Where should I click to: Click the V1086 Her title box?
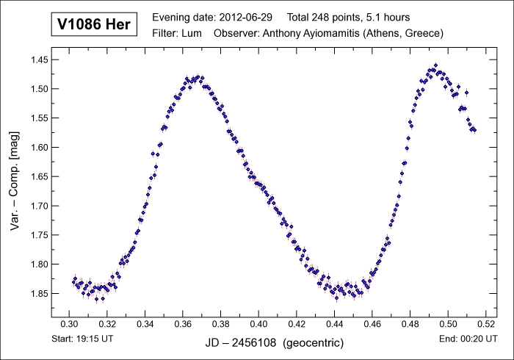coord(93,24)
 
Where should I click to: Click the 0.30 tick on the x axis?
coord(68,324)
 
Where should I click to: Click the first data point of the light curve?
coord(73,282)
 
